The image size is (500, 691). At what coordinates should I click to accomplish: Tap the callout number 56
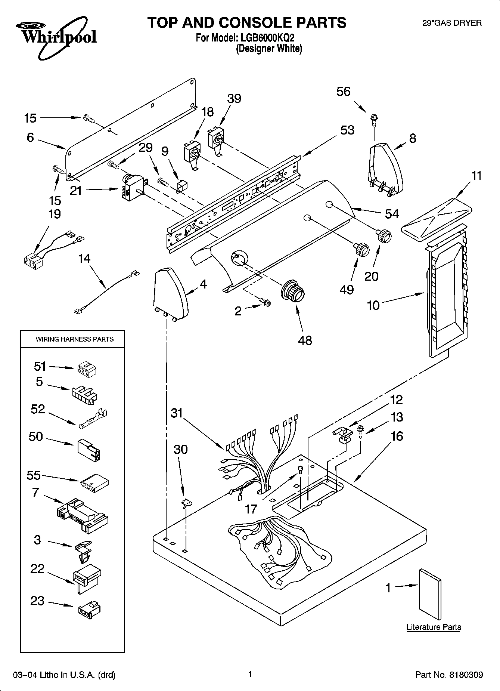(x=343, y=92)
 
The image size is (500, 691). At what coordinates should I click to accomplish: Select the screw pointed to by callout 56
(x=373, y=119)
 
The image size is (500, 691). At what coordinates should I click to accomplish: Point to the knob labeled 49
(x=361, y=249)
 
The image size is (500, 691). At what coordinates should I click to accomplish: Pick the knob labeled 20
(x=383, y=235)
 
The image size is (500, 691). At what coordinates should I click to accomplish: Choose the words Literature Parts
(x=434, y=627)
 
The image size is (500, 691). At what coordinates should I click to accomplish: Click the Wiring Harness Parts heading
(x=74, y=339)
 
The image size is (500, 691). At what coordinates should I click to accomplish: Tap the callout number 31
(x=177, y=413)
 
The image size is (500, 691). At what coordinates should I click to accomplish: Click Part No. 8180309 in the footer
(x=449, y=675)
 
